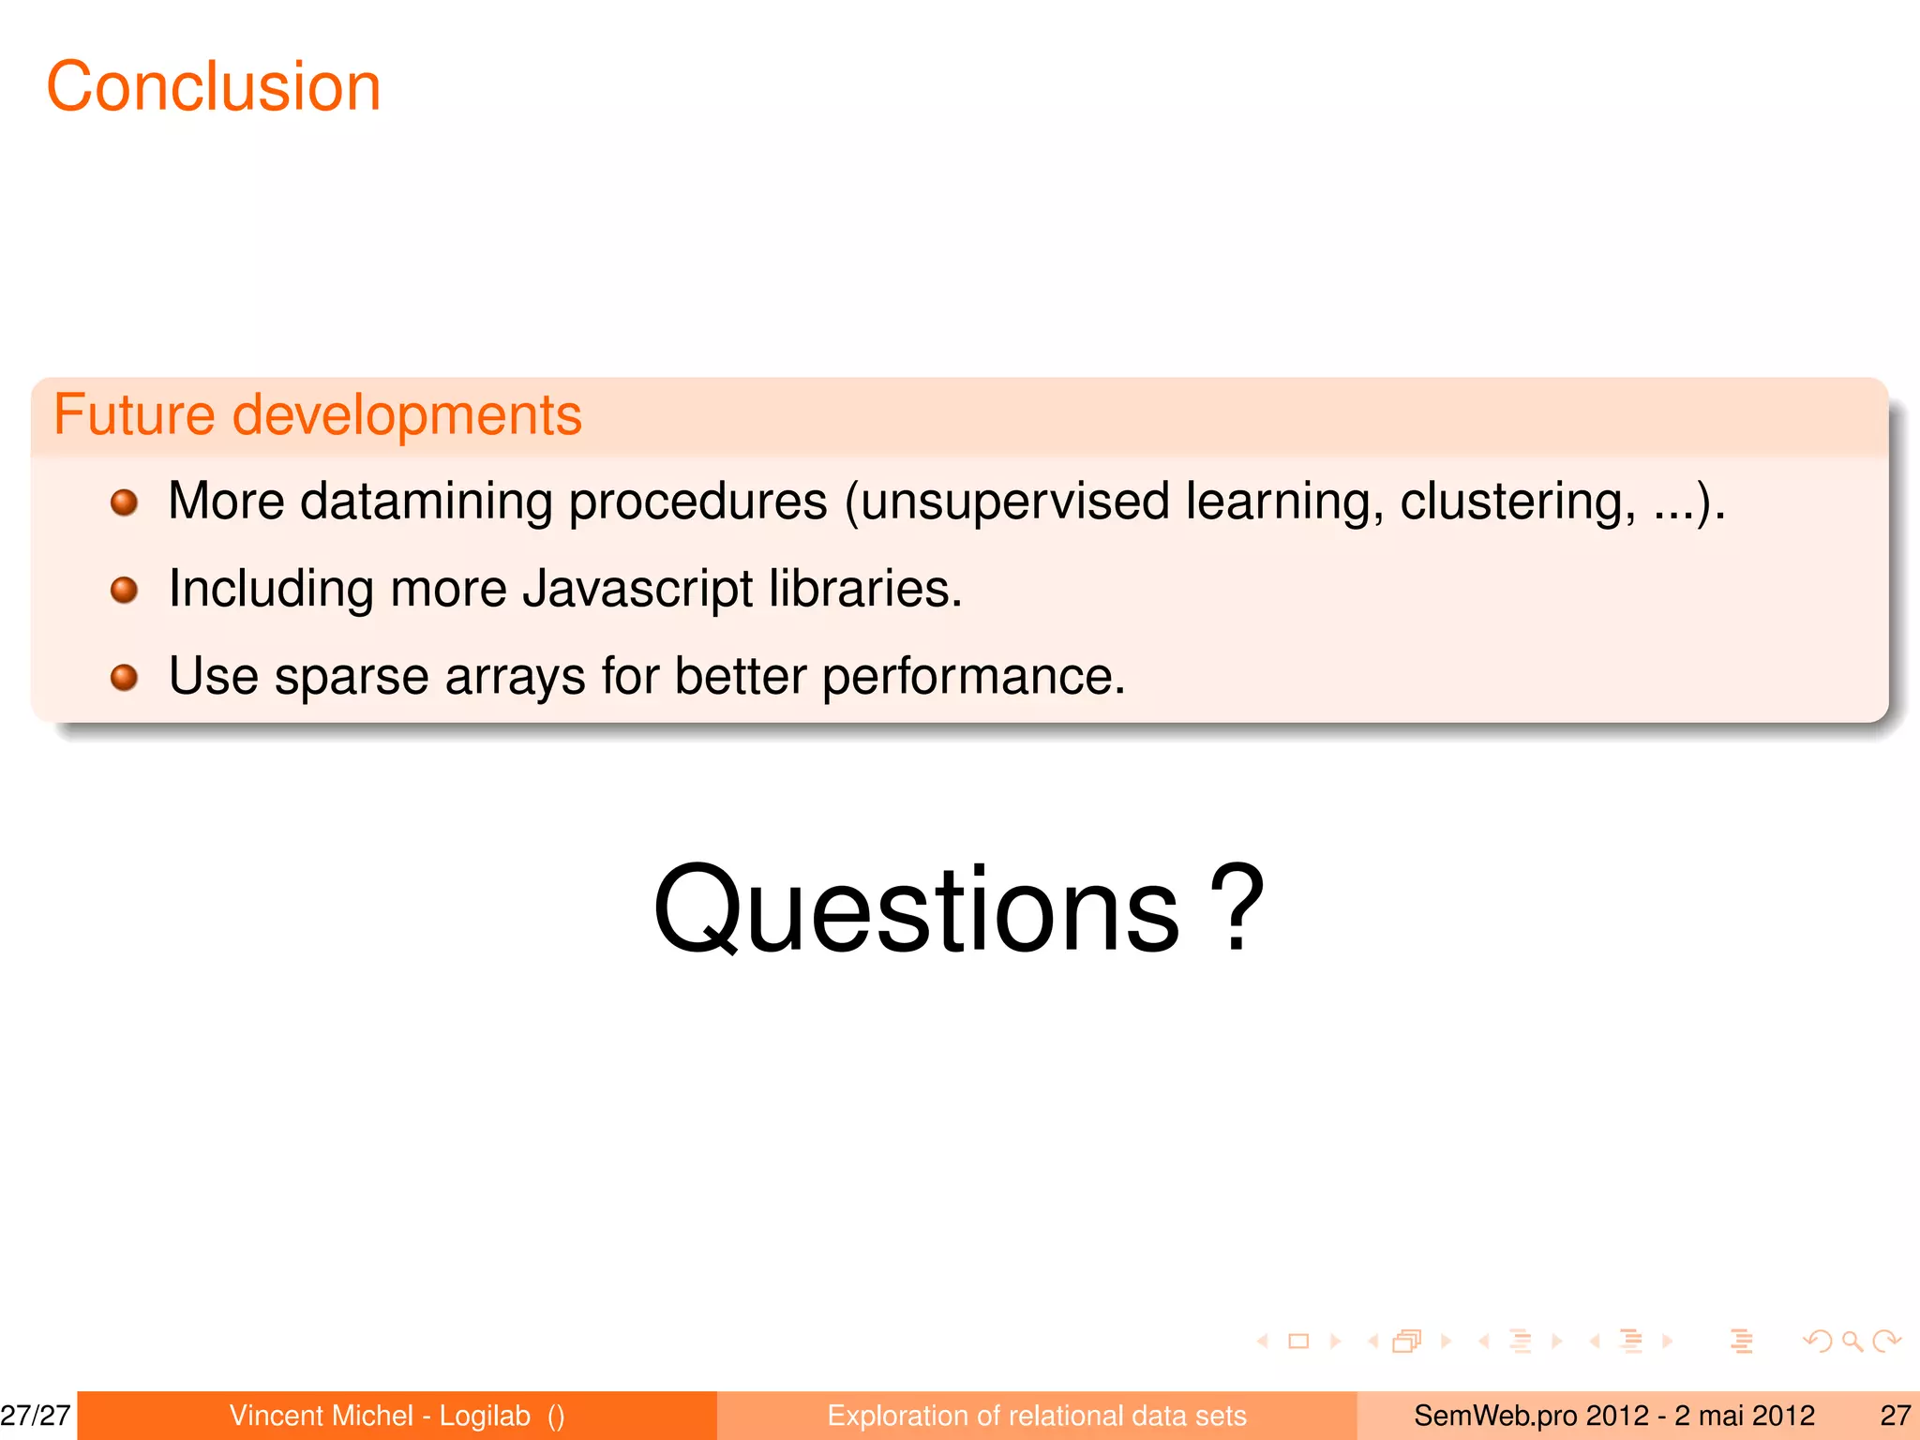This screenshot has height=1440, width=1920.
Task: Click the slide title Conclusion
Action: [x=214, y=86]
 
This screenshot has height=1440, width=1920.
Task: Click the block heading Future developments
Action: [x=318, y=414]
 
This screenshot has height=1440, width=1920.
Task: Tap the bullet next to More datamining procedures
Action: [x=124, y=503]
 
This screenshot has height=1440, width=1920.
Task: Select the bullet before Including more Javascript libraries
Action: [x=124, y=591]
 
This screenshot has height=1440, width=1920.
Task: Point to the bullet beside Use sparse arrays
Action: [x=124, y=677]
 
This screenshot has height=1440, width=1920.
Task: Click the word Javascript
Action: [x=637, y=590]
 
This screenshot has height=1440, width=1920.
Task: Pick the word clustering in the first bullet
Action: [x=1517, y=502]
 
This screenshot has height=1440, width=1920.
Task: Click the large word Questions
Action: [x=916, y=911]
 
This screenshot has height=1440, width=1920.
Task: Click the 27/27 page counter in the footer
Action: [x=36, y=1416]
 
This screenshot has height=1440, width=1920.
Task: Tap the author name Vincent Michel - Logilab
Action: [x=380, y=1416]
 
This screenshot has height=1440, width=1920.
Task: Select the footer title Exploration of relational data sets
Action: [x=1037, y=1416]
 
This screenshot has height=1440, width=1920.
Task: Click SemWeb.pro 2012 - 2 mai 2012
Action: [x=1613, y=1416]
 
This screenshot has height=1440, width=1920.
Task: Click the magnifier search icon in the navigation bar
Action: [x=1852, y=1342]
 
